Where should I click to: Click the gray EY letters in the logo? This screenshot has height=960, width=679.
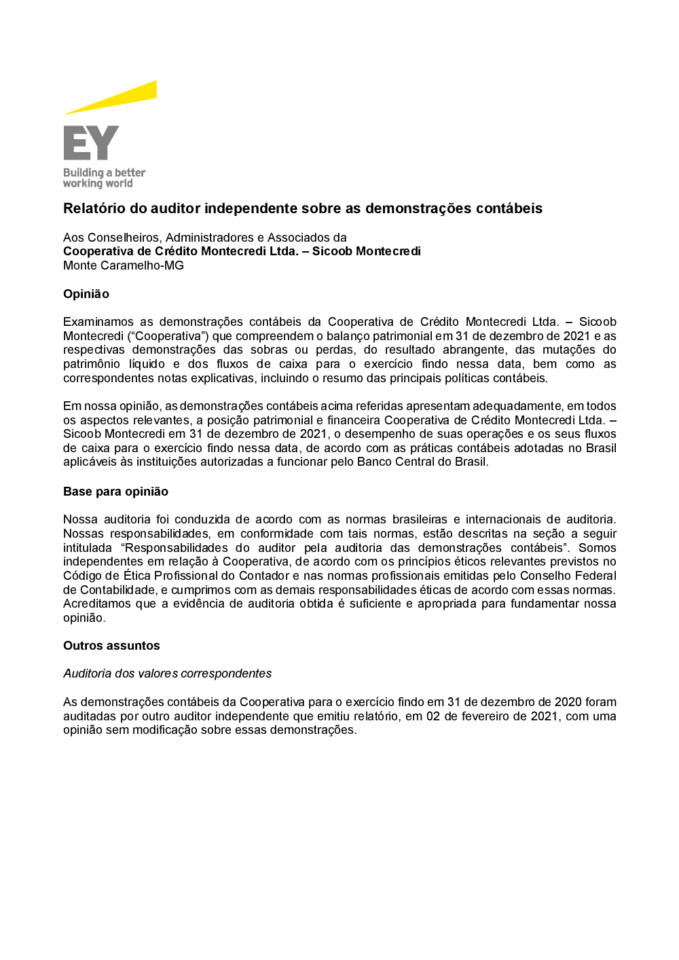click(x=91, y=143)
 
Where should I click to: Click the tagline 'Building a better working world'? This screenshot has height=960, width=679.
click(x=104, y=178)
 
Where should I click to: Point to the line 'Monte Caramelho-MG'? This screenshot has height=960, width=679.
click(x=124, y=265)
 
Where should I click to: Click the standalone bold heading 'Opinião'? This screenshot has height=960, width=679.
click(x=86, y=294)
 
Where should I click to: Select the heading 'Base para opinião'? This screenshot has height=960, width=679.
click(x=115, y=492)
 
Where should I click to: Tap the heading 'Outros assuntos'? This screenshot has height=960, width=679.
click(x=111, y=646)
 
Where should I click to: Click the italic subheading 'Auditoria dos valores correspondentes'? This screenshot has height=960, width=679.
click(x=167, y=673)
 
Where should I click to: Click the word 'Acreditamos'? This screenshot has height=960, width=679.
click(x=97, y=604)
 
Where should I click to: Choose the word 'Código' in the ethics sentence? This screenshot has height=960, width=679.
click(x=81, y=576)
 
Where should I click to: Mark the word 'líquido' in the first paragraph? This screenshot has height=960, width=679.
click(x=147, y=364)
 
